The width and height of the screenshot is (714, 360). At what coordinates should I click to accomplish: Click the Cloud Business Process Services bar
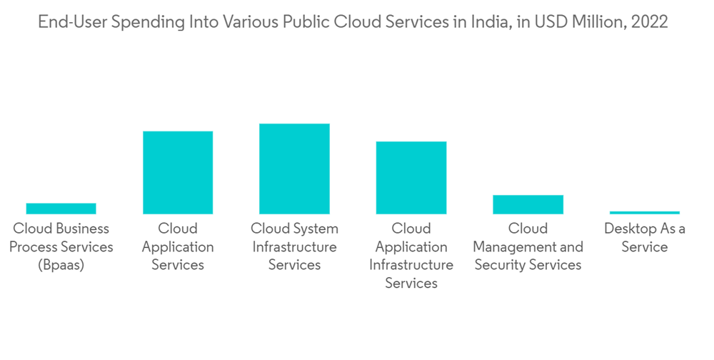coord(61,209)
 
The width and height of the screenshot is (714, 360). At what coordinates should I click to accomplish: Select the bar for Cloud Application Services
coord(178,173)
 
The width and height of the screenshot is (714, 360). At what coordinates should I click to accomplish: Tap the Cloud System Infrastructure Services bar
coord(294,169)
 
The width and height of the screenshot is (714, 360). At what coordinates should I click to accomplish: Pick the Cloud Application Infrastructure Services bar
coord(411,178)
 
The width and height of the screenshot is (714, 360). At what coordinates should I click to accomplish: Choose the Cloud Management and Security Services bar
coord(528,204)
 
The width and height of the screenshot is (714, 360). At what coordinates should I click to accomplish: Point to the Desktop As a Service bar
coord(645,212)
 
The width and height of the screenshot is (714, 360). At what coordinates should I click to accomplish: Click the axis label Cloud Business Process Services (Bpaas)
coord(61,246)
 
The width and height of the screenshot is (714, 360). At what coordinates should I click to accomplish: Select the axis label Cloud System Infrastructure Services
coord(294,246)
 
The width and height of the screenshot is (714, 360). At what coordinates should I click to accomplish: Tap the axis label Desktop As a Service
coord(645,238)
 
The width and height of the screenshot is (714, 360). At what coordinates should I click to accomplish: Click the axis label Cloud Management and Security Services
coord(528,246)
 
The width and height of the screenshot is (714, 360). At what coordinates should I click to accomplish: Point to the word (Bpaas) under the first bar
coord(61,265)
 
